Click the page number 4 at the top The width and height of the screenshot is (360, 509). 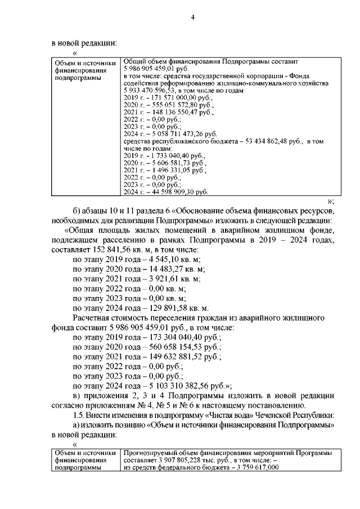192,17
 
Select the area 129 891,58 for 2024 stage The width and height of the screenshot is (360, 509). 174,308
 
